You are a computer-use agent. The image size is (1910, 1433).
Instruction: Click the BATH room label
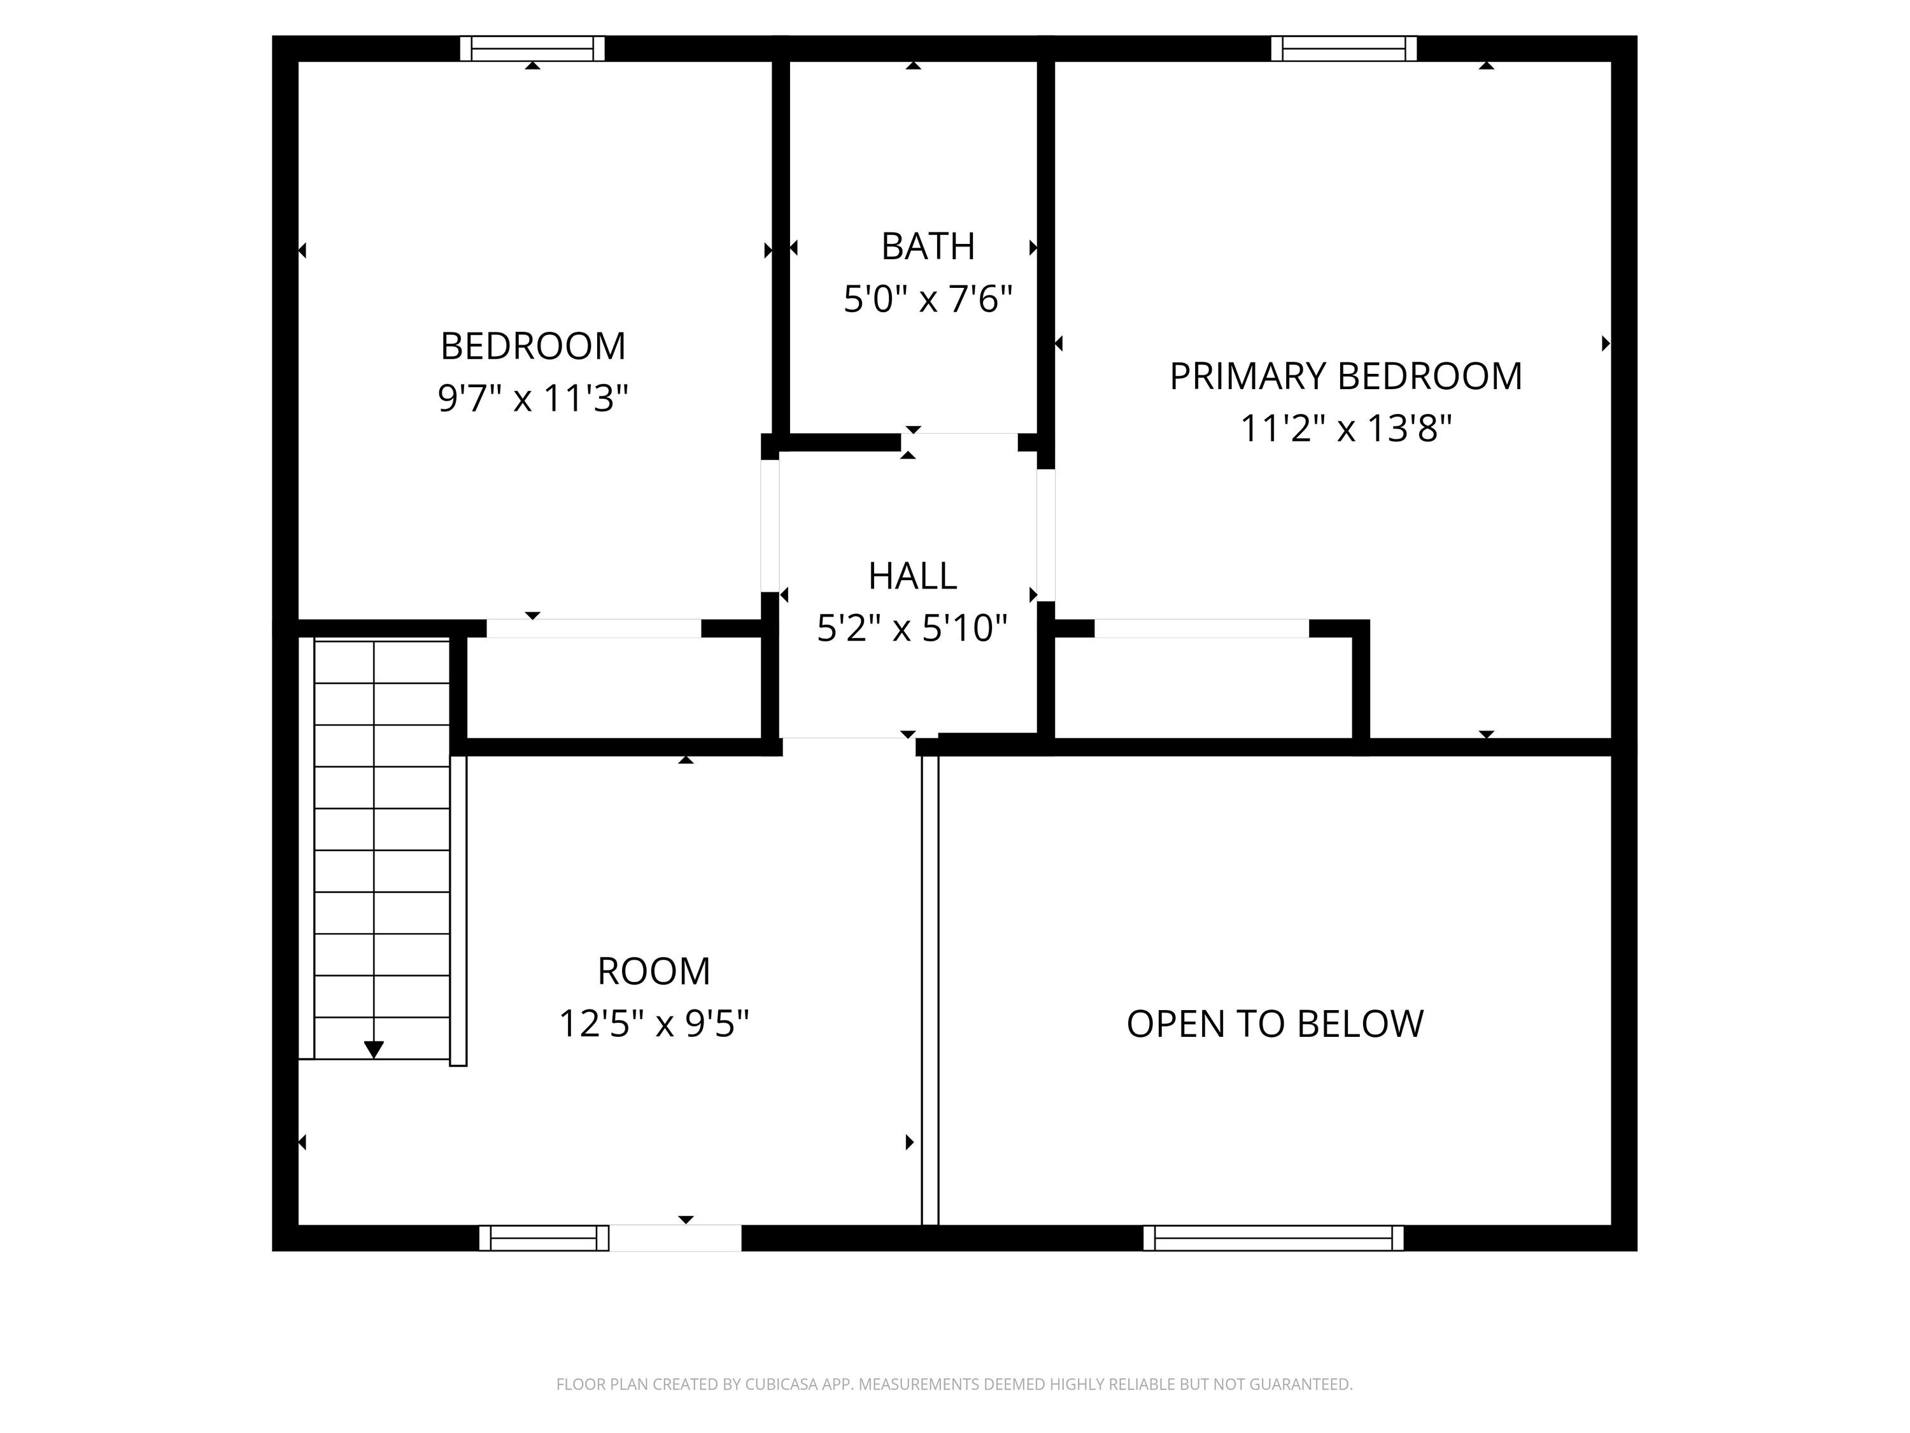tap(928, 247)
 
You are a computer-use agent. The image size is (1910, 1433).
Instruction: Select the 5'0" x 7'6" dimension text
tap(928, 300)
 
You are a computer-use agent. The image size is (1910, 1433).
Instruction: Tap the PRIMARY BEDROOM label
tap(1345, 376)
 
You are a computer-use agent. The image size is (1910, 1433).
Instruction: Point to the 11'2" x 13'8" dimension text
tap(1346, 429)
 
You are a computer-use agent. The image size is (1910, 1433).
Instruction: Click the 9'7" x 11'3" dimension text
tap(533, 399)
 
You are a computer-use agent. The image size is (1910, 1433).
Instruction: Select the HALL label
tap(913, 576)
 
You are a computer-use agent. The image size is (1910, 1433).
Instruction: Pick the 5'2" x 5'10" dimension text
tap(913, 628)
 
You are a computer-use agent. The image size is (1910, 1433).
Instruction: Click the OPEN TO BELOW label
tap(1275, 1023)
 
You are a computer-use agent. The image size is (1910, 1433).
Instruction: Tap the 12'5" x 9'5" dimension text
tap(654, 1023)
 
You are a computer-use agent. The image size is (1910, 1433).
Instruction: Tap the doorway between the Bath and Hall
tap(959, 442)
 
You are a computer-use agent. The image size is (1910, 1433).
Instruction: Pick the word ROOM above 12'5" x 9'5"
tap(654, 972)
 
